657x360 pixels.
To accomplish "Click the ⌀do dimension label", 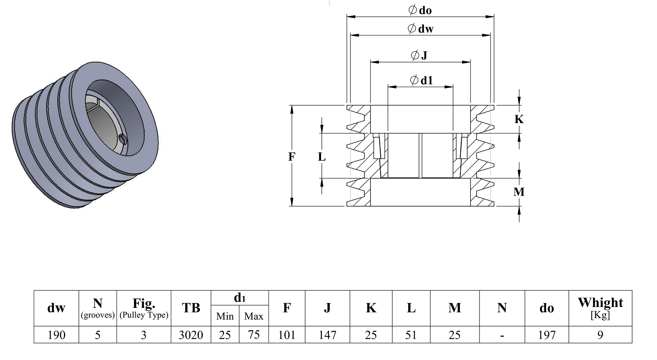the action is click(420, 10).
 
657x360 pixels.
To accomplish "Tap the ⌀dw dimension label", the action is click(420, 28).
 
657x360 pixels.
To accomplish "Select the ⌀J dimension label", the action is click(419, 55).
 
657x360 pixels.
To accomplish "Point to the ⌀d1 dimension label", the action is click(421, 80).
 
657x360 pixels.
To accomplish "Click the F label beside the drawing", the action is click(291, 157).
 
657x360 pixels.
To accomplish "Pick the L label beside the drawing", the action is click(322, 157).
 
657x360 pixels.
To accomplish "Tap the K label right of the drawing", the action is click(519, 119).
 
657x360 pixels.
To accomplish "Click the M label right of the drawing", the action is click(519, 192).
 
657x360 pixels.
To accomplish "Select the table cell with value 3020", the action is click(191, 335).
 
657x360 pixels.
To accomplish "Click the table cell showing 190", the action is click(57, 335).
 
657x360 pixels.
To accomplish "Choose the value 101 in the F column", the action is click(287, 335).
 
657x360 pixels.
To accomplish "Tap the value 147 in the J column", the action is click(327, 335).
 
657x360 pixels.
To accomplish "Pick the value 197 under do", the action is click(547, 335).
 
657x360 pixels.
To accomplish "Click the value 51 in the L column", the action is click(411, 335).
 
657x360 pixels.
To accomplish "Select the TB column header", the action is click(191, 308).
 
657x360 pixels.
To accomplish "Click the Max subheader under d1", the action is click(254, 316).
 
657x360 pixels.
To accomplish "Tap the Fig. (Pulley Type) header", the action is click(144, 308).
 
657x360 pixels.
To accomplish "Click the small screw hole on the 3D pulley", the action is click(123, 139).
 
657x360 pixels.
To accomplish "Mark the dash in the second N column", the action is click(502, 335).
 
